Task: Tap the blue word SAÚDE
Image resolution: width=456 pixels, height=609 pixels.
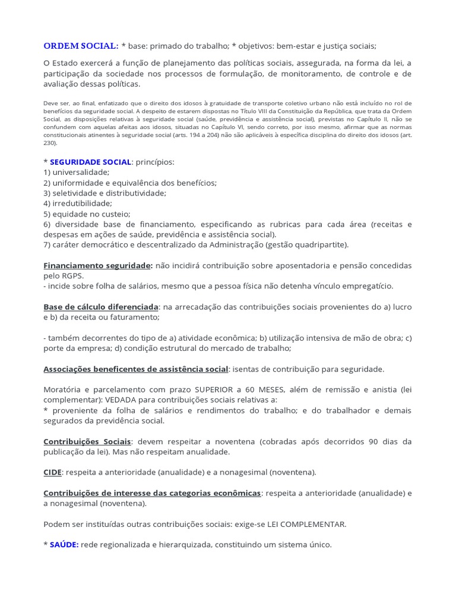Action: pyautogui.click(x=64, y=544)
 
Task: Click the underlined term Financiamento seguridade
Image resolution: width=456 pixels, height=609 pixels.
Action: pyautogui.click(x=98, y=265)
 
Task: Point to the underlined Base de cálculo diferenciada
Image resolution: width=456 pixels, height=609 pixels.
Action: pyautogui.click(x=101, y=306)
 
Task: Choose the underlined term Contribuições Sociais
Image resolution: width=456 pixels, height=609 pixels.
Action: pyautogui.click(x=87, y=441)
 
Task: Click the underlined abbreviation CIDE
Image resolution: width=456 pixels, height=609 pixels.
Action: pyautogui.click(x=53, y=472)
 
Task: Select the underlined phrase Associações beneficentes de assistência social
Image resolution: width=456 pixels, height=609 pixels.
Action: pyautogui.click(x=136, y=369)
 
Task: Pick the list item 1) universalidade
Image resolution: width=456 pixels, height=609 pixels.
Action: pyautogui.click(x=77, y=172)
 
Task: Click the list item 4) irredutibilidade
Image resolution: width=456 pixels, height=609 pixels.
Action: pyautogui.click(x=78, y=203)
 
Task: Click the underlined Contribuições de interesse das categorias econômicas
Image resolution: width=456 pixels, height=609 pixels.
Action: pyautogui.click(x=152, y=493)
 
